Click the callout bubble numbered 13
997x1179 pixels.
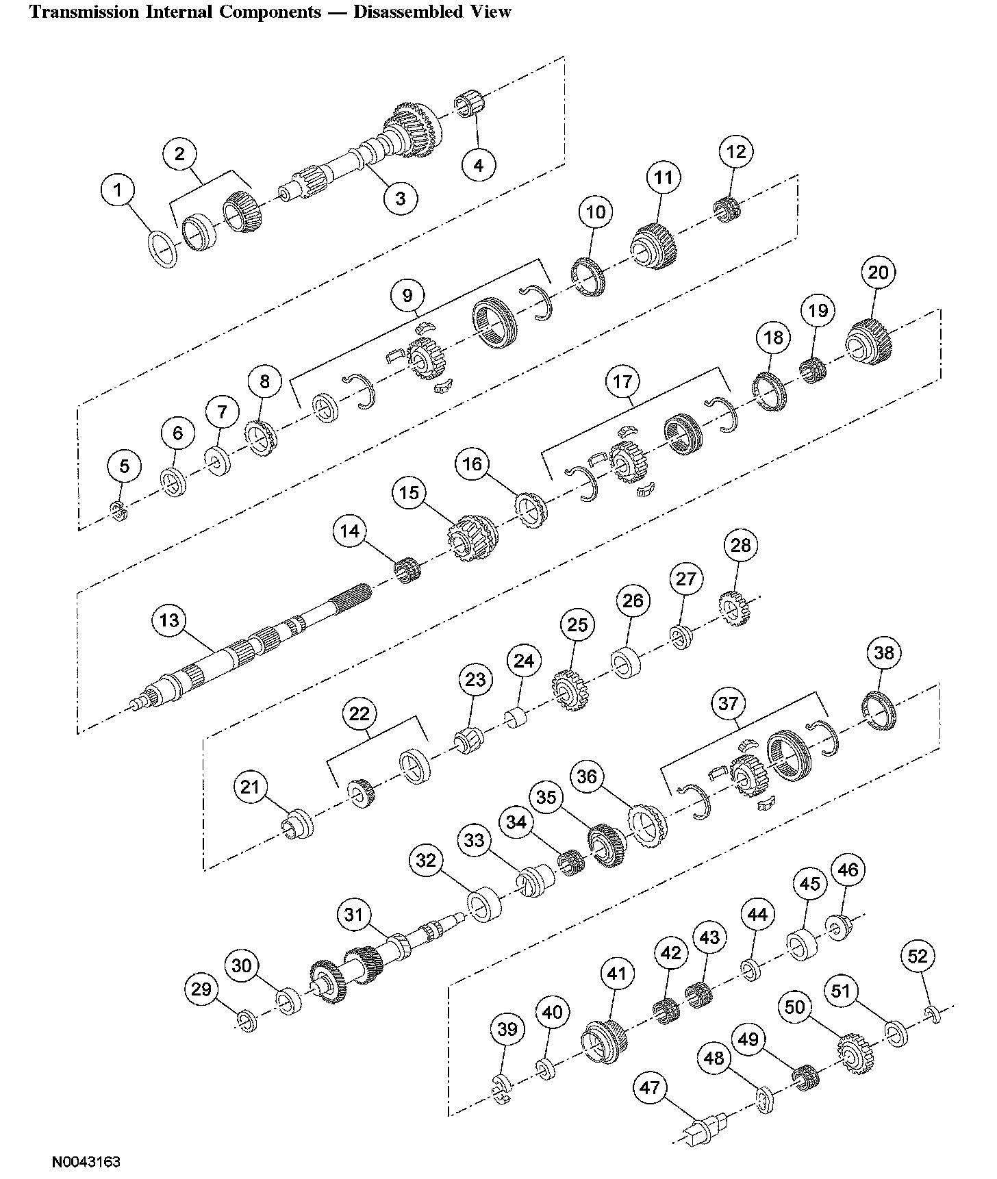tap(169, 620)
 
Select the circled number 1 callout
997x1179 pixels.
tap(119, 190)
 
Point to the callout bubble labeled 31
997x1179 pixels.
tap(353, 915)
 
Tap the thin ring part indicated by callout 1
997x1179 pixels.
tap(163, 250)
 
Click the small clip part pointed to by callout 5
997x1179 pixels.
tap(118, 511)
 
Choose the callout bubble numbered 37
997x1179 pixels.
tap(729, 703)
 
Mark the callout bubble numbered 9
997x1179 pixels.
tap(407, 296)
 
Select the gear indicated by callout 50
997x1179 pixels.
tap(853, 1054)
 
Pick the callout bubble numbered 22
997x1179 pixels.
tap(359, 714)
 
